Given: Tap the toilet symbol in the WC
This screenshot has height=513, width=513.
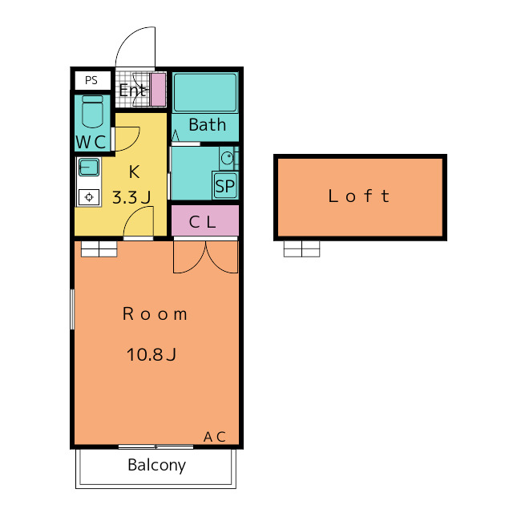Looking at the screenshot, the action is pos(92,111).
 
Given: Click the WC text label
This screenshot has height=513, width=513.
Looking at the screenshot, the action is pos(91,143).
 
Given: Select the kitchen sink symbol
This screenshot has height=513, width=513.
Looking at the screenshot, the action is pos(89,168).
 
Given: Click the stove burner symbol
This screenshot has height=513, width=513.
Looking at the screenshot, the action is pos(89,197).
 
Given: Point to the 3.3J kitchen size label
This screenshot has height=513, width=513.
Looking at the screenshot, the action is pos(131,198).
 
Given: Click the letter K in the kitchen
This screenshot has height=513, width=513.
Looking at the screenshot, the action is pos(134,172).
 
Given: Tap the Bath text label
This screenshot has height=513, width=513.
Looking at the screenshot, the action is pos(208,125).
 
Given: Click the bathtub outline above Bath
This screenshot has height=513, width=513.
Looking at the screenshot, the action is pos(205,93).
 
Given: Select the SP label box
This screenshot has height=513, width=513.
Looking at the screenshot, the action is pos(224,186).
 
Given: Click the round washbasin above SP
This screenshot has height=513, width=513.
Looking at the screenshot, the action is pos(228,159).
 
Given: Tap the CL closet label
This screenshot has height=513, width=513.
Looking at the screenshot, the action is pos(203,222).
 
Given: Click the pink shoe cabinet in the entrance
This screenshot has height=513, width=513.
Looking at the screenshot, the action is pos(158,89).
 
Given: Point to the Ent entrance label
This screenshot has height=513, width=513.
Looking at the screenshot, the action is pos(132,90).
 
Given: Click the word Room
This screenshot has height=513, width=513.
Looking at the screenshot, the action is pos(155,314).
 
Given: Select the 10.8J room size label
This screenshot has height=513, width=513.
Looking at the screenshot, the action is pos(151,354).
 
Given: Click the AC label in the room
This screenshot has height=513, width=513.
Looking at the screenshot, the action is pos(215,437).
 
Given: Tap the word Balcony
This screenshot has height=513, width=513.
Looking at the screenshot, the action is pos(157,465).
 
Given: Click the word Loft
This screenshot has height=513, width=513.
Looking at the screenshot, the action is pos(359,196).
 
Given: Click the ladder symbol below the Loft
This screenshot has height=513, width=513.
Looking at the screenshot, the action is pos(301,249).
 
